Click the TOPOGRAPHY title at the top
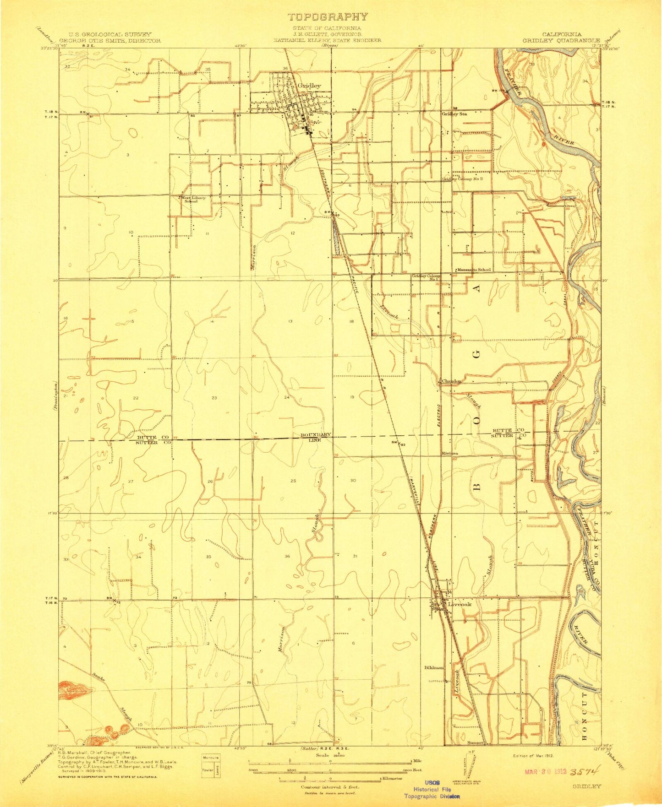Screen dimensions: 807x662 tap(327, 17)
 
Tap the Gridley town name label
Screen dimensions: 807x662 tap(309, 86)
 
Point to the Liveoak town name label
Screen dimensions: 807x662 tap(460, 604)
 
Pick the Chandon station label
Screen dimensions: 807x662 tap(451, 380)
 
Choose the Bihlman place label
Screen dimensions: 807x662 tap(434, 668)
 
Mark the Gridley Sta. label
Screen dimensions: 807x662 tap(454, 114)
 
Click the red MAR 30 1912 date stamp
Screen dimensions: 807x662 tap(543, 772)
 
